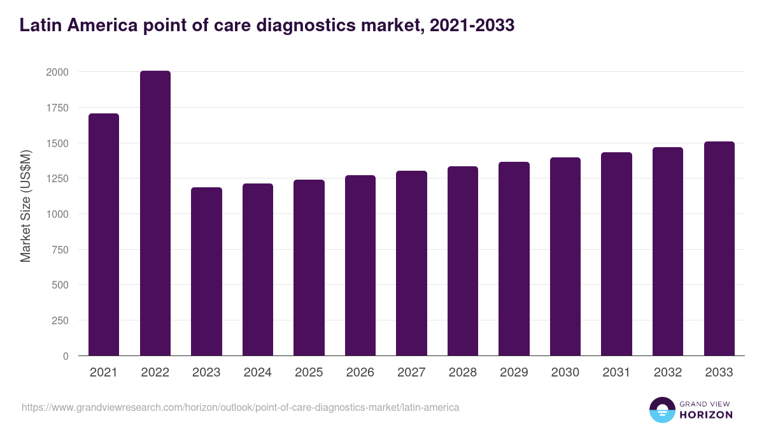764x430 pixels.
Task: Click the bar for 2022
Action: (155, 213)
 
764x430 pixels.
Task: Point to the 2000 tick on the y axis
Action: (57, 72)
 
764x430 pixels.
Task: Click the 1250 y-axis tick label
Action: (57, 178)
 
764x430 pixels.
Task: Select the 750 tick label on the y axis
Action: (60, 249)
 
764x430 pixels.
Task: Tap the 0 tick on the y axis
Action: (66, 356)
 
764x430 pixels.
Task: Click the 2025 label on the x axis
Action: (309, 373)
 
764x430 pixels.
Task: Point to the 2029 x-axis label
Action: (514, 373)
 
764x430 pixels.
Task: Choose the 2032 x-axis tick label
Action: (668, 373)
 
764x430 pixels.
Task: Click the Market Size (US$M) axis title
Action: (25, 206)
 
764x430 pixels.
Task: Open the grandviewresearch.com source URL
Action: (240, 407)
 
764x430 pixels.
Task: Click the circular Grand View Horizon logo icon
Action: (661, 410)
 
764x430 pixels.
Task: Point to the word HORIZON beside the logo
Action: (706, 415)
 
